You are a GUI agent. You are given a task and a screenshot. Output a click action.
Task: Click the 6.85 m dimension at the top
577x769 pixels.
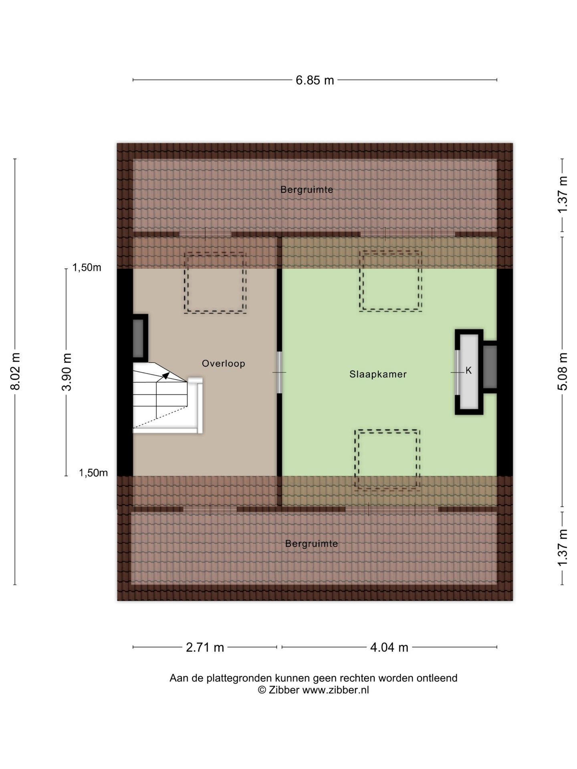pos(315,81)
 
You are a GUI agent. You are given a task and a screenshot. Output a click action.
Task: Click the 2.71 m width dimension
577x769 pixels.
pos(205,647)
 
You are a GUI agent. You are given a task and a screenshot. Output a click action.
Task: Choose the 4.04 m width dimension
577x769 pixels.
pos(389,647)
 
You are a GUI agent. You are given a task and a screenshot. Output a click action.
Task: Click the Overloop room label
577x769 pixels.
pos(223,364)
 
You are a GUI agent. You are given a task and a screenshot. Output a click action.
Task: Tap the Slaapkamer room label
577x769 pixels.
pos(378,374)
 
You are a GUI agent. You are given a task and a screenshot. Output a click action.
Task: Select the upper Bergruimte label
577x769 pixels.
pos(307,190)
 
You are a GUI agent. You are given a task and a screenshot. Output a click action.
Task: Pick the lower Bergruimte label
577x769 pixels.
pos(311,544)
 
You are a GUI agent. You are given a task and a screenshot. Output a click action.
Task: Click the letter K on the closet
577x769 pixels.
pos(468,371)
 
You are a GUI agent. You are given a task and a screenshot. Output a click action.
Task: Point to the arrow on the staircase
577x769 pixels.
pos(165,376)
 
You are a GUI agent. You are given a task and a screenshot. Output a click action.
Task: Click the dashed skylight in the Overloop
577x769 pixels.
pos(215,283)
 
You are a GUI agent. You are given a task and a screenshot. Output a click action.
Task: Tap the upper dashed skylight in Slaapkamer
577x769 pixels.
pos(391,281)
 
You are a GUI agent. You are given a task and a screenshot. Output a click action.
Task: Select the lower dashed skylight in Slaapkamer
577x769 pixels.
pos(387,460)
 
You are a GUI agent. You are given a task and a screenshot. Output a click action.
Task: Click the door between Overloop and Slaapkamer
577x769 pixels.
pos(279,372)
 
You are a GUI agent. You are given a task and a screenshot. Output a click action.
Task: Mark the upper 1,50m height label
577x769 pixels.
pos(87,268)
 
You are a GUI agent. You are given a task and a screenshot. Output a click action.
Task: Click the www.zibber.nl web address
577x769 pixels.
pos(335,690)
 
